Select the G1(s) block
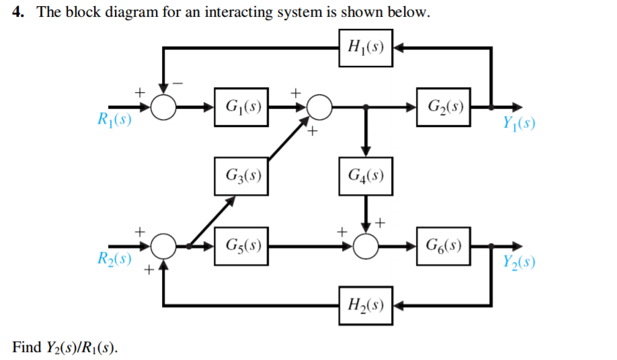pyautogui.click(x=241, y=107)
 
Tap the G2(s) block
pyautogui.click(x=443, y=107)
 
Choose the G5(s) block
pyautogui.click(x=241, y=245)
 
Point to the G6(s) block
pyautogui.click(x=443, y=245)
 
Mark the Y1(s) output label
pyautogui.click(x=518, y=126)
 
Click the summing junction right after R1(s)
pyautogui.click(x=163, y=107)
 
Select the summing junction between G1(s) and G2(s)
pyautogui.click(x=319, y=107)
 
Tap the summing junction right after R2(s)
pyautogui.click(x=163, y=246)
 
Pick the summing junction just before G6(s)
pyautogui.click(x=366, y=246)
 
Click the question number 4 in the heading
pyautogui.click(x=18, y=13)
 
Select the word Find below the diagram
pyautogui.click(x=26, y=347)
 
